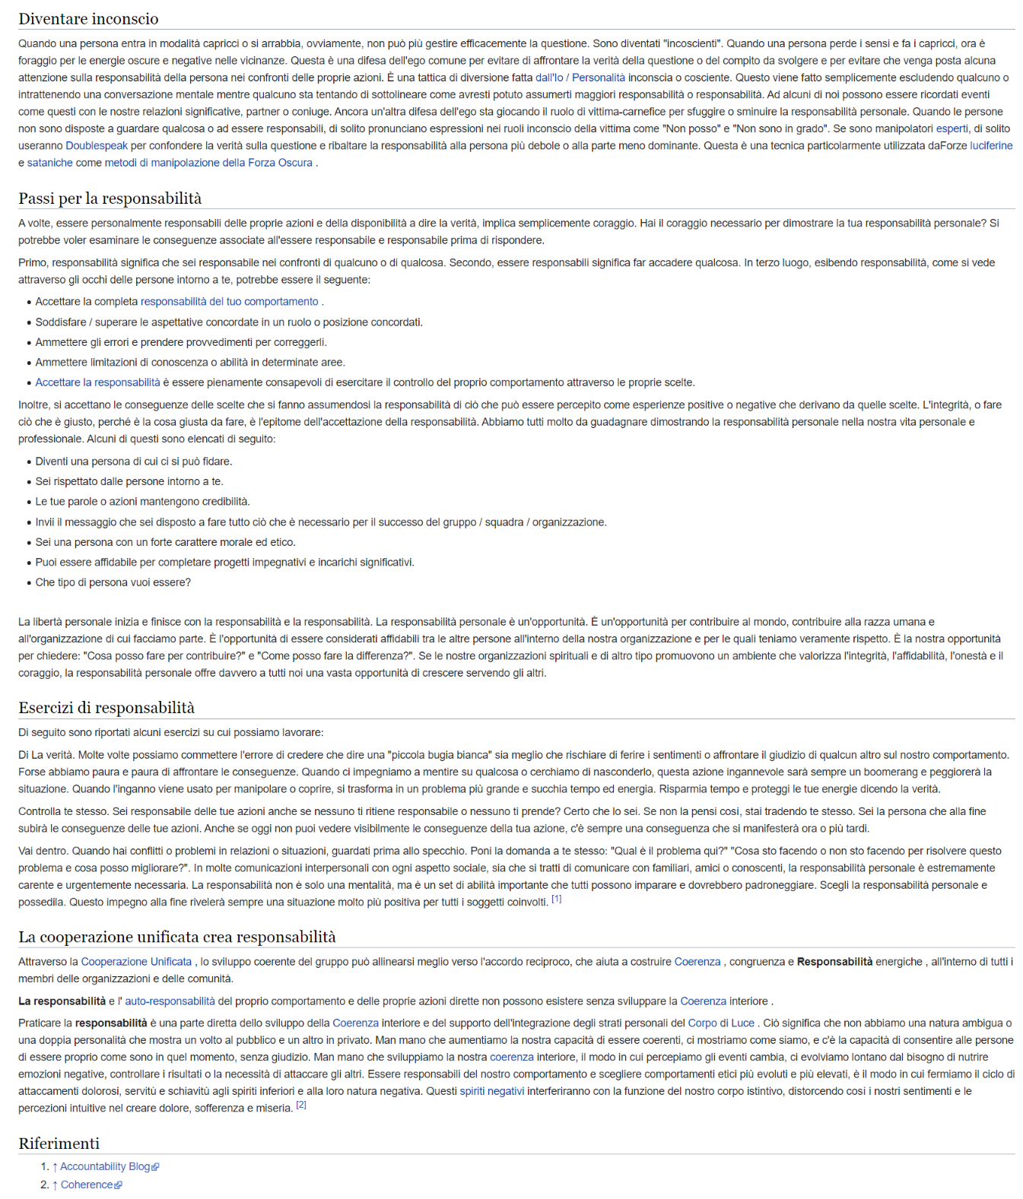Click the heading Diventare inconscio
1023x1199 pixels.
click(88, 19)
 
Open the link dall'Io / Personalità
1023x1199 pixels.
click(580, 78)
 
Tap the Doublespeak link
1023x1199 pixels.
click(97, 145)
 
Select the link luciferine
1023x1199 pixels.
click(991, 145)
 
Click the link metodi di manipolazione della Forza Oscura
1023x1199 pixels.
click(208, 163)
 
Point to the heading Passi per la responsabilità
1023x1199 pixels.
click(110, 198)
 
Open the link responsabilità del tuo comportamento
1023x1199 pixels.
click(229, 302)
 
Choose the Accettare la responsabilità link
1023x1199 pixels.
click(97, 382)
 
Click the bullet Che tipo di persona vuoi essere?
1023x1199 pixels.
click(113, 582)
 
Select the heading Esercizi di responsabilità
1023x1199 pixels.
click(106, 708)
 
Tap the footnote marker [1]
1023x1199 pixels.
click(556, 899)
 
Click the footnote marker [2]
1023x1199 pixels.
click(301, 1105)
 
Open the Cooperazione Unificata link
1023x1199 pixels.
click(136, 962)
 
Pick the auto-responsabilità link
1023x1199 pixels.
click(170, 1001)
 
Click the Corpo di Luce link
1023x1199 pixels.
click(721, 1023)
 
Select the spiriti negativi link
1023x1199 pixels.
click(491, 1091)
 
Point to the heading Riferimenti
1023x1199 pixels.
click(59, 1143)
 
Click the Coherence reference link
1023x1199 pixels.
click(87, 1185)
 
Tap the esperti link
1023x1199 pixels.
click(952, 128)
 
